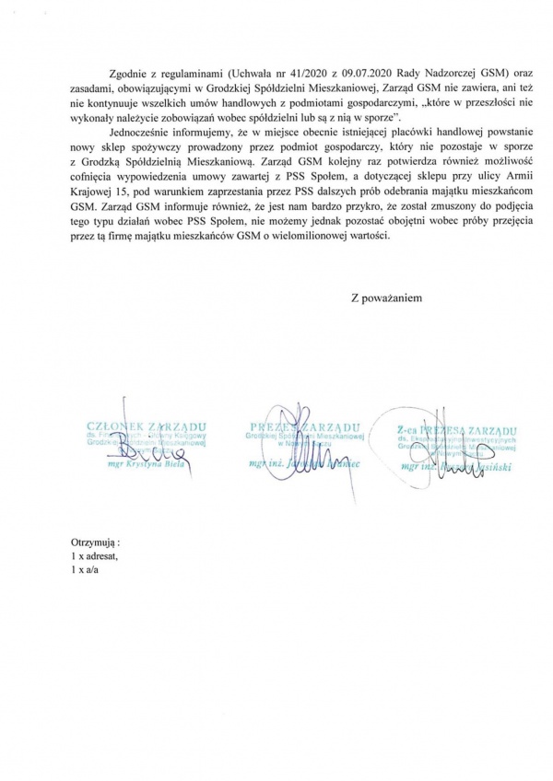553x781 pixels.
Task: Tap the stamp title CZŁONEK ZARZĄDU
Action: [144, 426]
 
